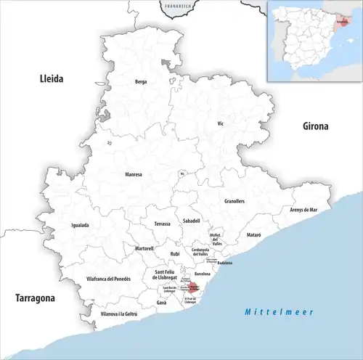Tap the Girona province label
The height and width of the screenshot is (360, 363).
click(x=316, y=126)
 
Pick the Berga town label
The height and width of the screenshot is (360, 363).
click(x=141, y=82)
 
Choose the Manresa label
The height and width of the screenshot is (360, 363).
click(x=134, y=175)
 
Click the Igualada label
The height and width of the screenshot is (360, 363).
click(x=80, y=225)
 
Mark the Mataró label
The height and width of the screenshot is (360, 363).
click(x=253, y=236)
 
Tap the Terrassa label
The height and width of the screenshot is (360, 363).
click(x=163, y=224)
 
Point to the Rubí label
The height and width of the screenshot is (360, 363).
click(x=175, y=254)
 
